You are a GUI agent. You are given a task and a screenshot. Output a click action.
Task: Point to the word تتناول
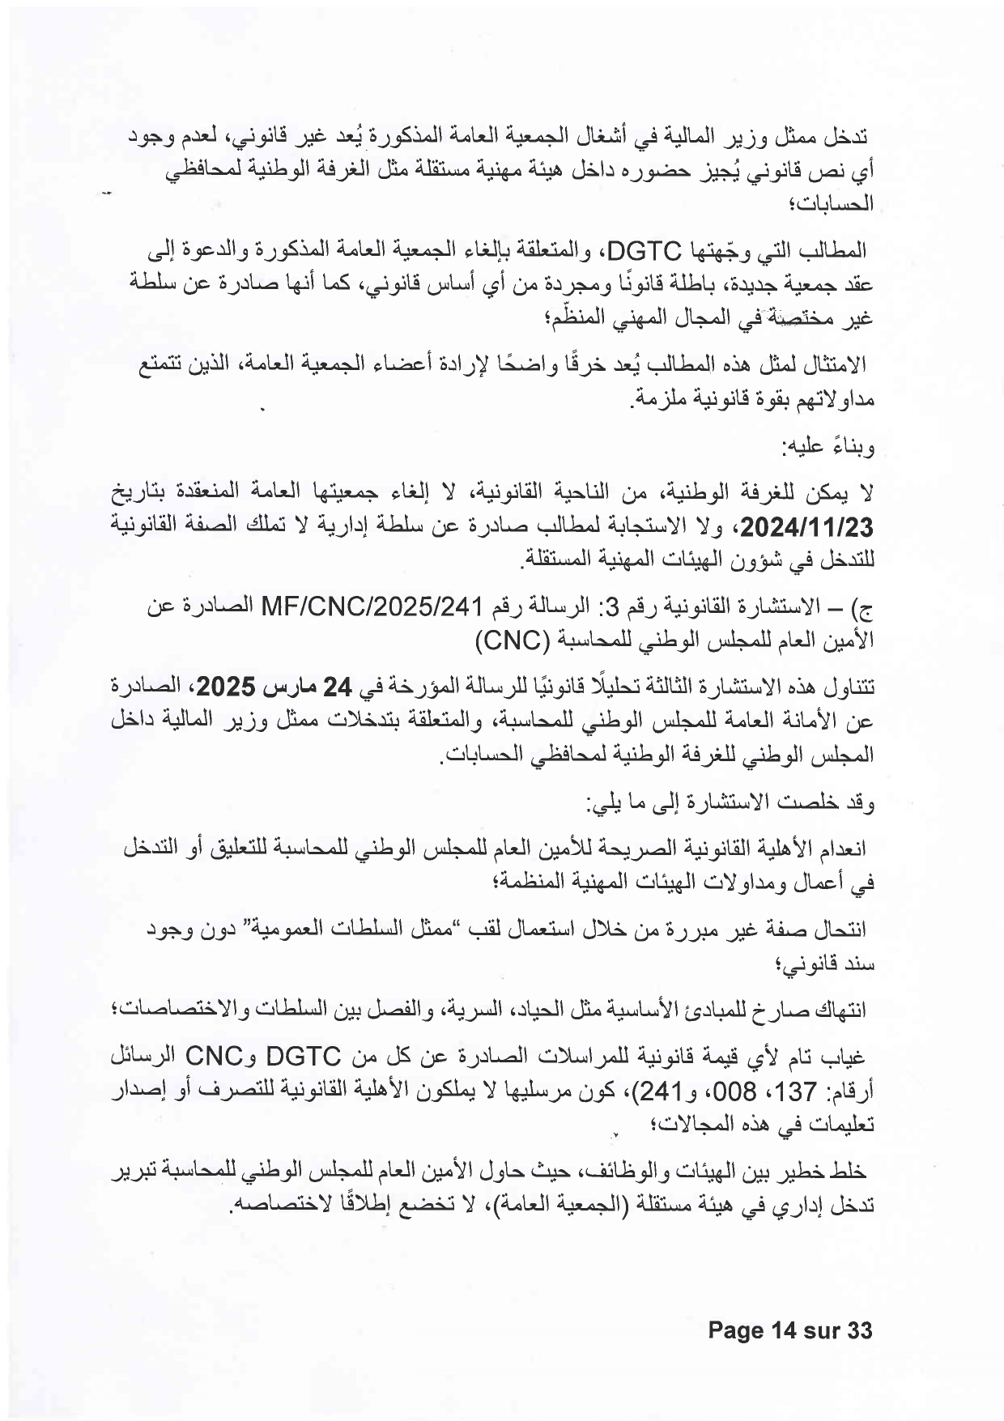pos(851,688)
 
